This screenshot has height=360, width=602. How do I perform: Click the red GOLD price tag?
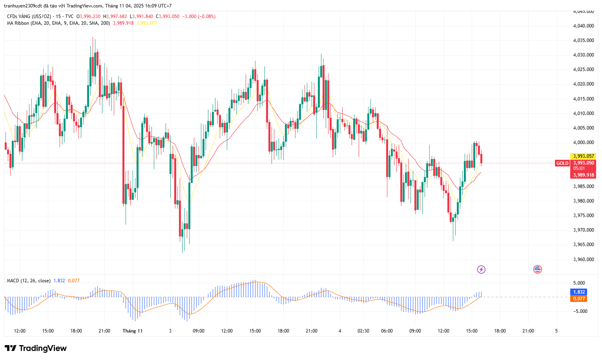pos(562,163)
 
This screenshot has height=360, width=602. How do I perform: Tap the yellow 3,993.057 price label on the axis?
pos(584,156)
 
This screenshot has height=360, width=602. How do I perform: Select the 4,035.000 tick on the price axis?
pos(584,40)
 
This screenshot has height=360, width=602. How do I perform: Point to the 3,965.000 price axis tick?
pos(584,245)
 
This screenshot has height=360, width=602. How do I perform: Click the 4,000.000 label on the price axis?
pos(584,143)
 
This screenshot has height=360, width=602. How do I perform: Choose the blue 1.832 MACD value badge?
pos(579,292)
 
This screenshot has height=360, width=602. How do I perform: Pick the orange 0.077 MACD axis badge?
pos(579,299)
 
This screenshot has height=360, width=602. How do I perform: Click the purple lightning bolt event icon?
pos(481,269)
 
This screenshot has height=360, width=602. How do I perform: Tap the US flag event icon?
pos(537,269)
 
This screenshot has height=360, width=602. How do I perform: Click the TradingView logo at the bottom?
pos(36,348)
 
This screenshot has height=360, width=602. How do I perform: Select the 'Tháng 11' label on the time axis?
pos(133,331)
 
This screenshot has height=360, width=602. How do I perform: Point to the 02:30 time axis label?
pos(363,331)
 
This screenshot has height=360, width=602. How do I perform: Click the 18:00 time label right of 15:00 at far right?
pos(500,331)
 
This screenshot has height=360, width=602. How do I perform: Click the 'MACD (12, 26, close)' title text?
pos(29,281)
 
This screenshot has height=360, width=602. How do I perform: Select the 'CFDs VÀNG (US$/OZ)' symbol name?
pos(29,16)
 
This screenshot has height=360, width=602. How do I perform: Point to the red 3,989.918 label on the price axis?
pos(584,175)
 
